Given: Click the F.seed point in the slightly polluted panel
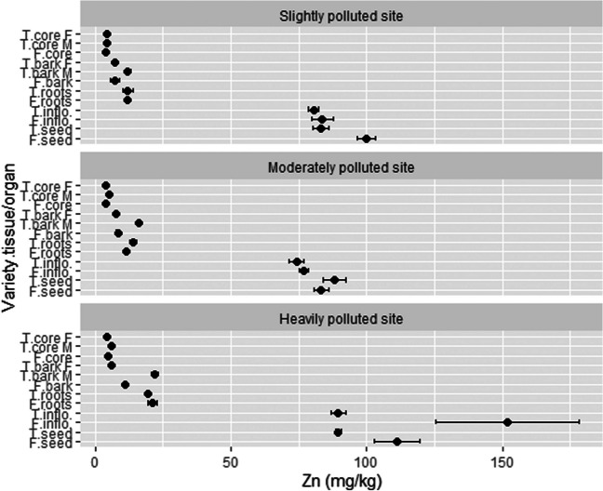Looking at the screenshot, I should pyautogui.click(x=367, y=139).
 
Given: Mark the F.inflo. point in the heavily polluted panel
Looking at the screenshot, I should pyautogui.click(x=507, y=422).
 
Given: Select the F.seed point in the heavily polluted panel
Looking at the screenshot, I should pyautogui.click(x=396, y=442).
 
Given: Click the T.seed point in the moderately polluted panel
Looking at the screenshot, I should pyautogui.click(x=334, y=280).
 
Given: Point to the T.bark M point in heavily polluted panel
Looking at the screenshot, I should pyautogui.click(x=154, y=375).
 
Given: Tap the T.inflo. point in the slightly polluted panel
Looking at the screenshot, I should pyautogui.click(x=314, y=111).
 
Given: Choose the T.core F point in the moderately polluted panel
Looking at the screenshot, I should pyautogui.click(x=106, y=185).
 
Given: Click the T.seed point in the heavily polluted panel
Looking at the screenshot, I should pyautogui.click(x=338, y=432).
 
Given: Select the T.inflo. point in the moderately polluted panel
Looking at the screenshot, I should pyautogui.click(x=297, y=261).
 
